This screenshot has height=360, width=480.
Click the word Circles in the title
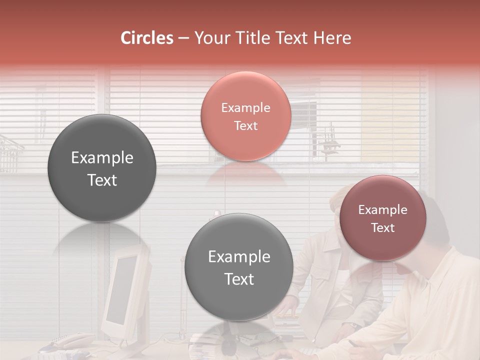pyautogui.click(x=147, y=38)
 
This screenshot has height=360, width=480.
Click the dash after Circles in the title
pyautogui.click(x=183, y=38)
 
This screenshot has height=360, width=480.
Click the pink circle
pyautogui.click(x=245, y=116)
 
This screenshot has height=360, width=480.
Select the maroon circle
pyautogui.click(x=382, y=218)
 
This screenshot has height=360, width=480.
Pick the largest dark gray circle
pyautogui.click(x=102, y=168)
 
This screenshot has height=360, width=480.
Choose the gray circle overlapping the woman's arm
pyautogui.click(x=239, y=267)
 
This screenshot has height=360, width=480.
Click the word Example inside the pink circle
pyautogui.click(x=245, y=108)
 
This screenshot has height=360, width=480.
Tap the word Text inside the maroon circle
pyautogui.click(x=383, y=228)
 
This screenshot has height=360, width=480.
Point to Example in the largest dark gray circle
pyautogui.click(x=102, y=158)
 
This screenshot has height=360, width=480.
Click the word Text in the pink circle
pyautogui.click(x=245, y=126)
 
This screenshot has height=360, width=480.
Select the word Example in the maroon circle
pyautogui.click(x=382, y=210)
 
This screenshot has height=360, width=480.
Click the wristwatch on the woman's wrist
pyautogui.click(x=354, y=325)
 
